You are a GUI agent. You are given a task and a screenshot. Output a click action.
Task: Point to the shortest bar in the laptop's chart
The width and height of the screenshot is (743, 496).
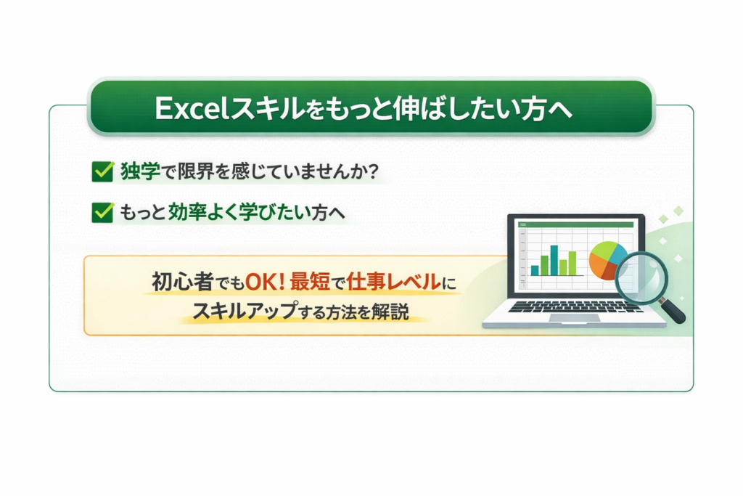(x=535, y=269)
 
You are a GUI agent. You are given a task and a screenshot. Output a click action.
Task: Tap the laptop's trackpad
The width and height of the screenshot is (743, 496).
(x=565, y=318)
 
